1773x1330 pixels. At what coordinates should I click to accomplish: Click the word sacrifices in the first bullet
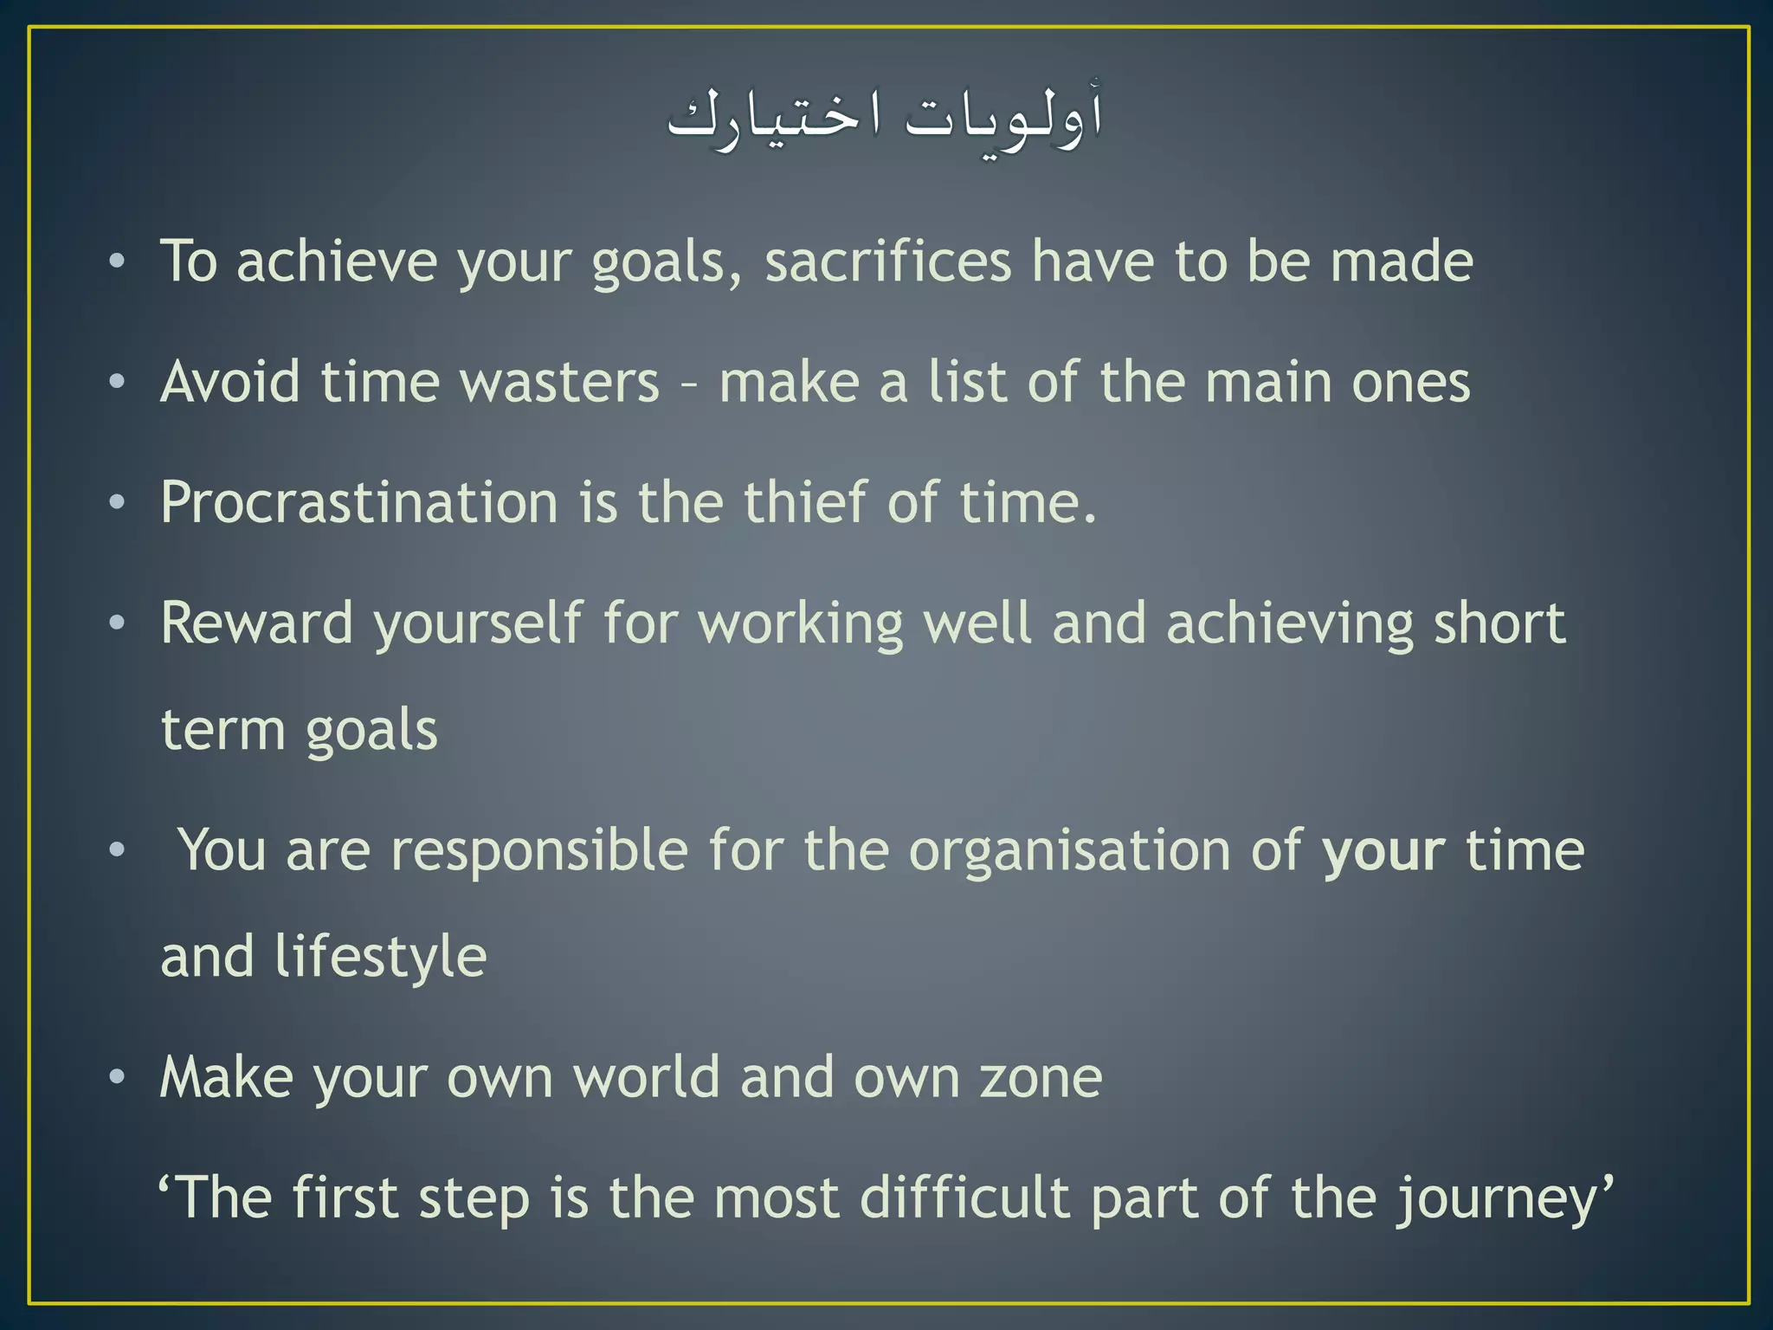tap(887, 261)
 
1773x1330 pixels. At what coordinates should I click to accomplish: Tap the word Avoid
tap(230, 382)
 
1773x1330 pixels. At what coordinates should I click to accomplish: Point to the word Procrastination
tap(359, 503)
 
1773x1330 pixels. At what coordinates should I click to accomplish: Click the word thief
tap(805, 503)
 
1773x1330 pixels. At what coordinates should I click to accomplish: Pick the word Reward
tap(257, 623)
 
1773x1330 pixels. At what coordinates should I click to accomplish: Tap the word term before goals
tap(222, 730)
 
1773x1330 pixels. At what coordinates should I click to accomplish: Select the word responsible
tap(539, 850)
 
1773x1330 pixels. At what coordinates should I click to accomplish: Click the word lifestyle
tap(381, 958)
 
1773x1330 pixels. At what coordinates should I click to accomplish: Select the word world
tap(647, 1078)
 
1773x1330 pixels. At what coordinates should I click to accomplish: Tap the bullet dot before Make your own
tap(118, 1078)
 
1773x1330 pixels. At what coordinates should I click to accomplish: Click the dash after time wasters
tap(689, 384)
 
